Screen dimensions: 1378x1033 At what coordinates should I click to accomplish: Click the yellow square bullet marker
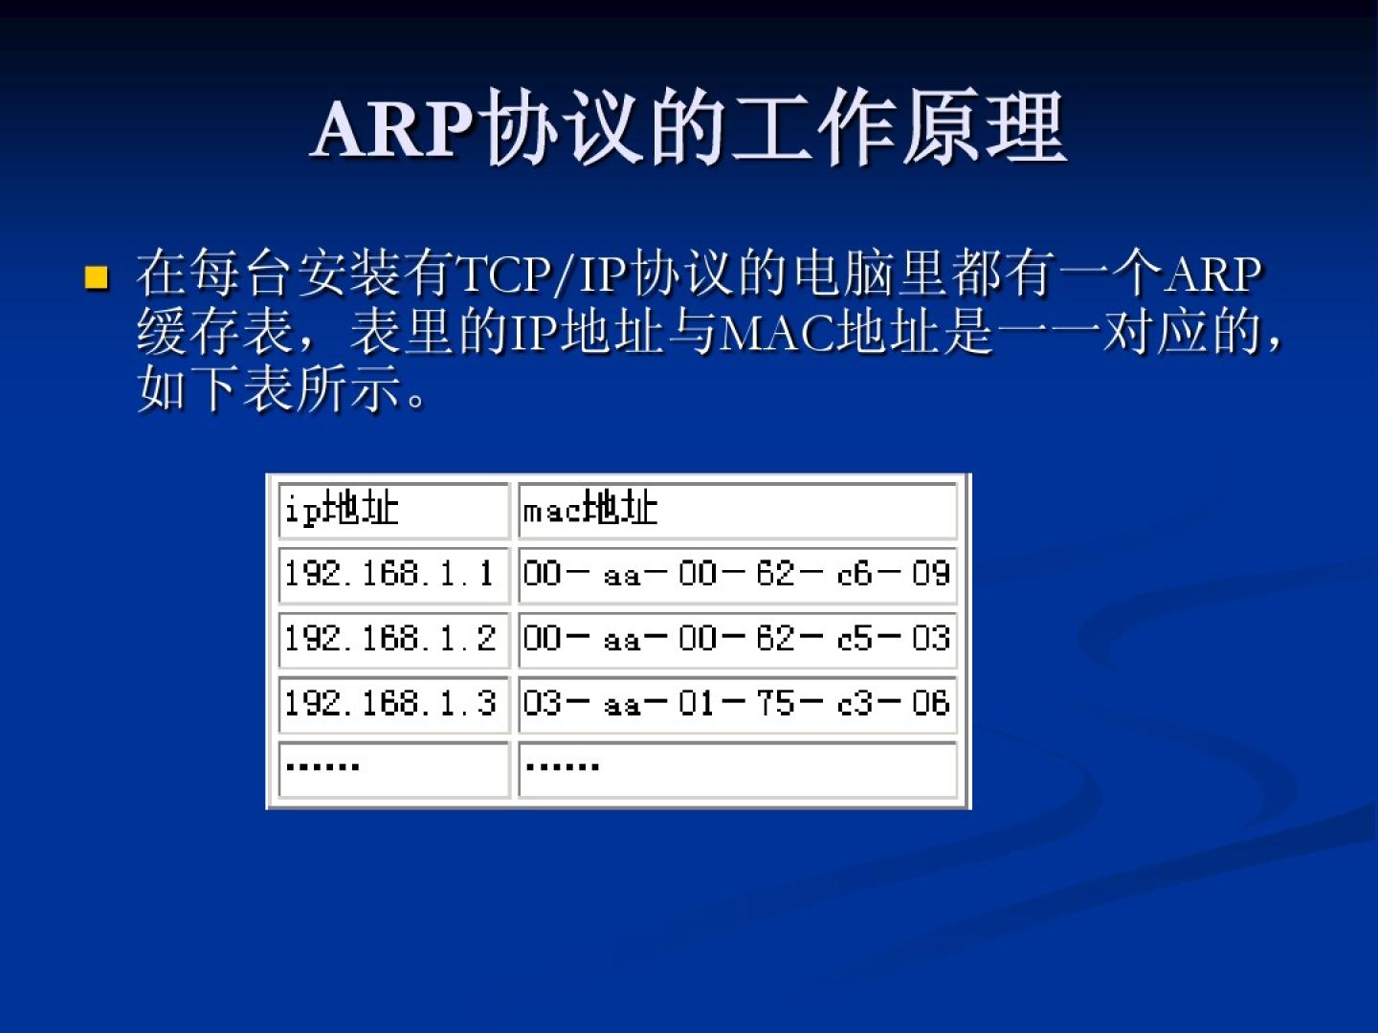click(96, 277)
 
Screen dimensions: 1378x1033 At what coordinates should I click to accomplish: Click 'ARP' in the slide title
click(393, 130)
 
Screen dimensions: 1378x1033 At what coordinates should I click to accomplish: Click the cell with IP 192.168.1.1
click(393, 575)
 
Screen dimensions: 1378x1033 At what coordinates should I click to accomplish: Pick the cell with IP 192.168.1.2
click(393, 640)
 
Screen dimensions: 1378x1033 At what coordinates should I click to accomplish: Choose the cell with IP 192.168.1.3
click(393, 704)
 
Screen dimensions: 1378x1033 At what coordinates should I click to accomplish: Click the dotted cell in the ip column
click(393, 770)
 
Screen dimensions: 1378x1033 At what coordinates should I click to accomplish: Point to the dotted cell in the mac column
click(738, 770)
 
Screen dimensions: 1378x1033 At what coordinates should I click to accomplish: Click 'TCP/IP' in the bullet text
click(543, 276)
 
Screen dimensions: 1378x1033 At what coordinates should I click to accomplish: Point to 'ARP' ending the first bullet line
click(1211, 276)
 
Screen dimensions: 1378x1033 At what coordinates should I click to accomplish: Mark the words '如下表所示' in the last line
click(269, 390)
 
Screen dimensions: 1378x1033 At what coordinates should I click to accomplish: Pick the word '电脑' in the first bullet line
click(845, 276)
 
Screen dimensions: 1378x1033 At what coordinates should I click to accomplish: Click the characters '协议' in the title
click(564, 128)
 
